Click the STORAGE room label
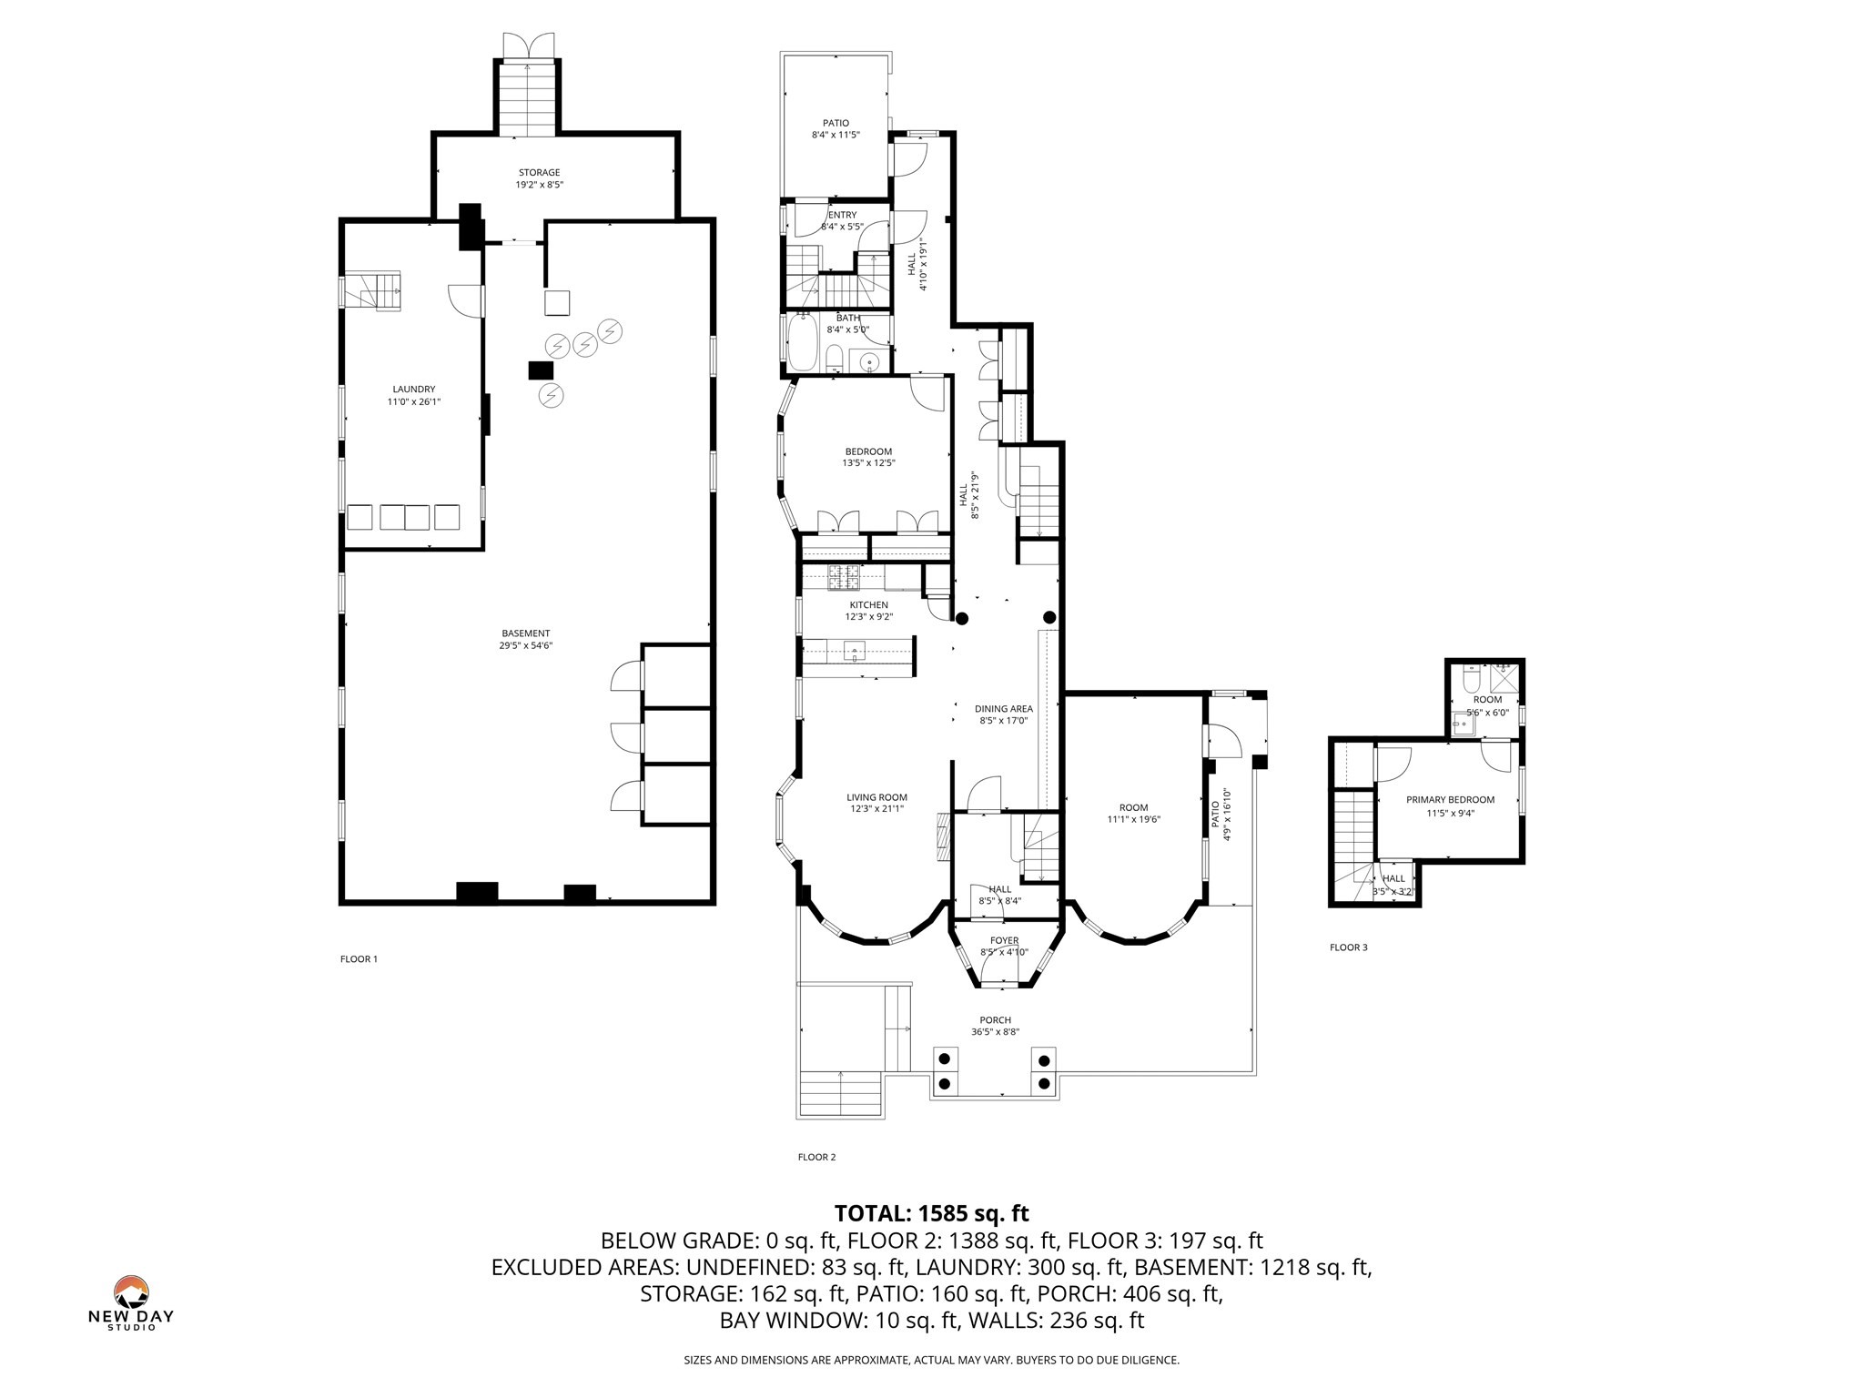click(539, 173)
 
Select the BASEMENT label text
click(525, 633)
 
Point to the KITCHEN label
click(868, 605)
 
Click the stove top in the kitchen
click(844, 575)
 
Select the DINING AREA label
click(1003, 709)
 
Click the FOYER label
click(1004, 940)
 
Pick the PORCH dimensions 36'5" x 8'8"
click(995, 1032)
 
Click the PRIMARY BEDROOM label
click(1450, 800)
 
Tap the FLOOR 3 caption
click(1348, 947)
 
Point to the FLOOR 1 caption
click(359, 958)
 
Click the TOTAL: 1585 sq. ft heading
click(931, 1213)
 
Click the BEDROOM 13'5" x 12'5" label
click(868, 457)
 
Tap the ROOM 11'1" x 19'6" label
click(1133, 813)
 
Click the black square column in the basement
click(541, 370)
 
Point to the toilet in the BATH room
click(834, 356)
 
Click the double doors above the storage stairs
click(529, 46)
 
